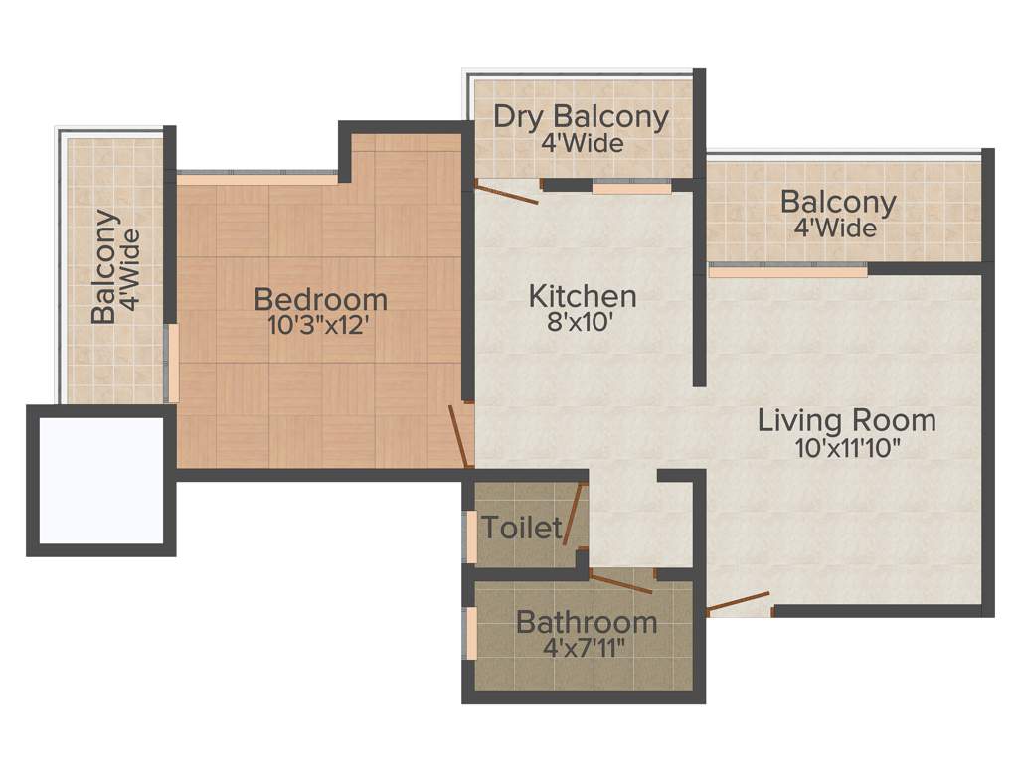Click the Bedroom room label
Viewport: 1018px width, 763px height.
click(x=320, y=298)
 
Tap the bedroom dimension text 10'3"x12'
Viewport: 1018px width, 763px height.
click(x=319, y=325)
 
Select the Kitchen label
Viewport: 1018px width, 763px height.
click(x=582, y=296)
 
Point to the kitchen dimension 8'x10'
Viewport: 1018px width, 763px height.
click(x=583, y=323)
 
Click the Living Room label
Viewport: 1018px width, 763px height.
click(x=847, y=419)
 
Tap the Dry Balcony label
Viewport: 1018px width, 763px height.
click(x=582, y=116)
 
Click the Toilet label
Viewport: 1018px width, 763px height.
click(x=522, y=527)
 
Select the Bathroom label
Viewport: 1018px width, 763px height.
click(x=587, y=623)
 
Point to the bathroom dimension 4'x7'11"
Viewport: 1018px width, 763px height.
click(x=587, y=650)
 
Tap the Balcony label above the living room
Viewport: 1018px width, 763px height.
click(x=838, y=202)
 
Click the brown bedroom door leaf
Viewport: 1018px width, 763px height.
click(x=458, y=436)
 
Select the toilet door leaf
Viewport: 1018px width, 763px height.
click(x=574, y=515)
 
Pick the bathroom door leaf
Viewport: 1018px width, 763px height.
click(x=620, y=583)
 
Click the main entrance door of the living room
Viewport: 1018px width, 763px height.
click(x=739, y=601)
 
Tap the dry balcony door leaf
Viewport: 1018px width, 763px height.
click(x=507, y=193)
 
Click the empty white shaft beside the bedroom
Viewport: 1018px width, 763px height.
click(x=100, y=480)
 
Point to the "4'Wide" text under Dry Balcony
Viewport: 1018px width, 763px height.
click(x=583, y=143)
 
